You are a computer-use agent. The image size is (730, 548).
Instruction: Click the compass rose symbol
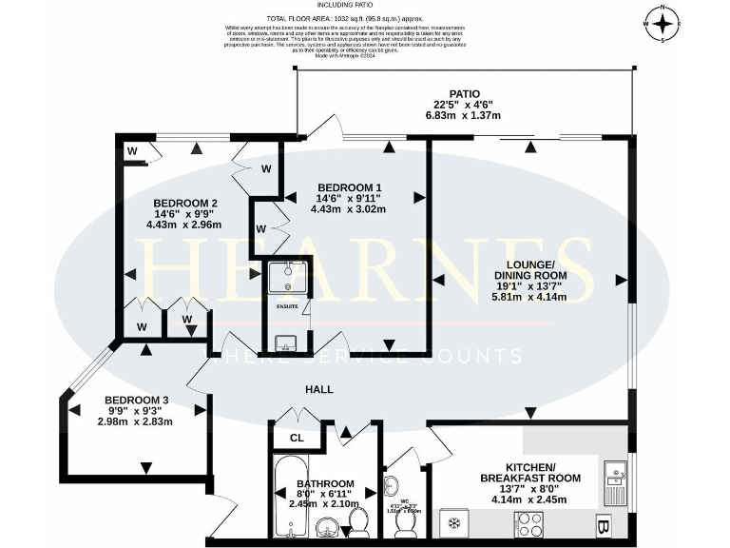(663, 23)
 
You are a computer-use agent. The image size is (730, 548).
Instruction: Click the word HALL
(319, 390)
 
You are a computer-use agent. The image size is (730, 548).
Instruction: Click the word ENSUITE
(287, 307)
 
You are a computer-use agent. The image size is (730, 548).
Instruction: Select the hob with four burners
(528, 524)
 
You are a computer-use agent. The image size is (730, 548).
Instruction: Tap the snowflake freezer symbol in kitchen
(454, 524)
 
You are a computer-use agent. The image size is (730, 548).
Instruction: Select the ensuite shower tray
(286, 277)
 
